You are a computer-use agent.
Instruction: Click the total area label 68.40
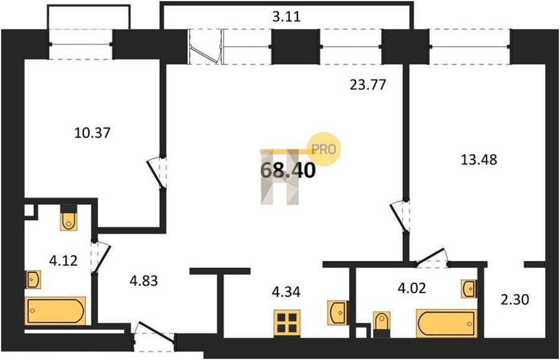click(x=288, y=170)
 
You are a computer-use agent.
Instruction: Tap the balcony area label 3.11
click(x=286, y=16)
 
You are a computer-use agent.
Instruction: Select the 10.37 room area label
click(x=93, y=132)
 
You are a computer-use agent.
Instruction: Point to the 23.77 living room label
click(x=368, y=85)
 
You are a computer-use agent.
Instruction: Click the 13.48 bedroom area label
click(x=478, y=160)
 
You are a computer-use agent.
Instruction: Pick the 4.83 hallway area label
click(x=144, y=281)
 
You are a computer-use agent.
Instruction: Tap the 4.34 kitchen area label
click(x=286, y=292)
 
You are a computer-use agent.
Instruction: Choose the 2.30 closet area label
click(x=515, y=299)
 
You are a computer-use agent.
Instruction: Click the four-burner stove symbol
click(x=287, y=323)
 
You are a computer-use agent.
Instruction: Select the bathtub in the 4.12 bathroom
click(x=55, y=311)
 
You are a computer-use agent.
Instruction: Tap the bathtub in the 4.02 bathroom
click(x=447, y=323)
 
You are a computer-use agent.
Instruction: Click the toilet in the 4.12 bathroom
click(x=68, y=218)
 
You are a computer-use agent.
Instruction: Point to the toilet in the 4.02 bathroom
click(x=381, y=325)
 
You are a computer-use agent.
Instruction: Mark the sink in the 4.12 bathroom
click(x=32, y=279)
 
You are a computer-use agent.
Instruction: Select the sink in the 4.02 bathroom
click(x=469, y=288)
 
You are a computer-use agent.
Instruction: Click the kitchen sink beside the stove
click(x=337, y=313)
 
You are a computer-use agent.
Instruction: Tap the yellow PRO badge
click(x=324, y=149)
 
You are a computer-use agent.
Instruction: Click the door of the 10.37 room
click(x=157, y=173)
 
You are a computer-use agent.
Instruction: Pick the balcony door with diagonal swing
click(x=205, y=47)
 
